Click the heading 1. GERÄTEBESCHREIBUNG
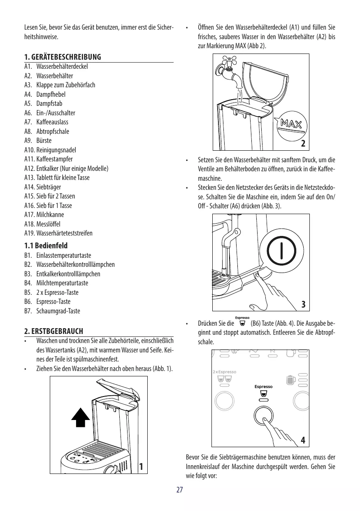point(63,56)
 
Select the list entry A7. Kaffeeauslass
point(46,122)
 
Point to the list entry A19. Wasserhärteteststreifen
point(58,233)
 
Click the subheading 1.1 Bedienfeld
point(46,246)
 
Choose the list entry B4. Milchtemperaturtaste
point(56,283)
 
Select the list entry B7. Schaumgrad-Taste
point(52,311)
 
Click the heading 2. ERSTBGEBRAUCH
point(53,331)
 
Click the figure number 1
point(141,467)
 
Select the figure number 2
point(303,144)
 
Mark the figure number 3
point(303,304)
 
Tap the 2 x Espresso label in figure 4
point(225,371)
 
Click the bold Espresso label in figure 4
point(263,386)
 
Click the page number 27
point(179,490)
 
